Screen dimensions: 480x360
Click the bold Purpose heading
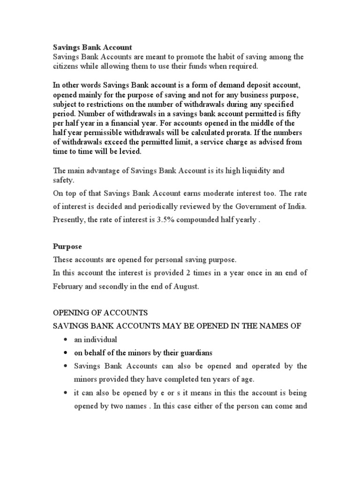(67, 246)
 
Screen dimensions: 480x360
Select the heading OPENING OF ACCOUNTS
(100, 313)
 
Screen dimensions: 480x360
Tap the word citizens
(65, 67)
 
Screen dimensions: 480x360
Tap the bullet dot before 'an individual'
(64, 339)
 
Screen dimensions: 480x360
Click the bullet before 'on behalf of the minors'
(64, 352)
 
